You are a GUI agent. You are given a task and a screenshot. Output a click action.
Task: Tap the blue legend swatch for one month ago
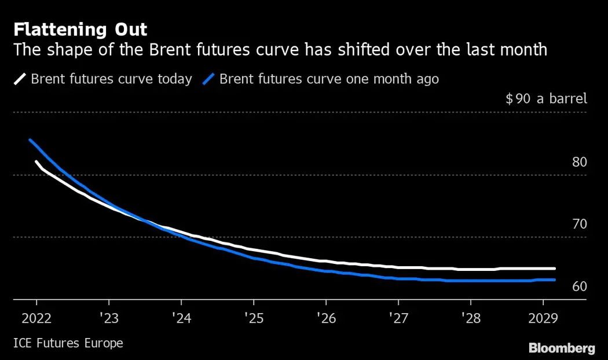[210, 79]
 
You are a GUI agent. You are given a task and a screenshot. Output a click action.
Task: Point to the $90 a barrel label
[546, 98]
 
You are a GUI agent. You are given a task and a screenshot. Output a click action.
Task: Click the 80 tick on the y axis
[579, 162]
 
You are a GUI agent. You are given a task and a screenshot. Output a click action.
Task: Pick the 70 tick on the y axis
[579, 224]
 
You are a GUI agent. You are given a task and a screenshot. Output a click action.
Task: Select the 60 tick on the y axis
[579, 286]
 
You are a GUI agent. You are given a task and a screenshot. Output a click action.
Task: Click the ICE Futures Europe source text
[68, 343]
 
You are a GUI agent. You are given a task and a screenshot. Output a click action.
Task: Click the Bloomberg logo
[562, 348]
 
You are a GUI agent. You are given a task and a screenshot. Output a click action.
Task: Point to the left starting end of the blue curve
[30, 139]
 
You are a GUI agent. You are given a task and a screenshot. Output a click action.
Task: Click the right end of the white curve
[554, 269]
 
